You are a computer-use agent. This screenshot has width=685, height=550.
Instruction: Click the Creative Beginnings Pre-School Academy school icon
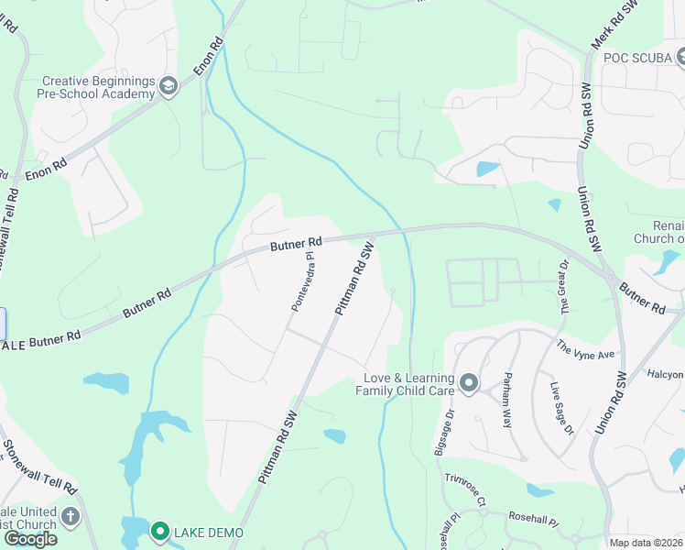(x=168, y=87)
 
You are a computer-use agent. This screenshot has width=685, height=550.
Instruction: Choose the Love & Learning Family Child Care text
(x=408, y=384)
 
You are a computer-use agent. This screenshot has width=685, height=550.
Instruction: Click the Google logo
(x=30, y=539)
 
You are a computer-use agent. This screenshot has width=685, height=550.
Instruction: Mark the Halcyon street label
(x=665, y=374)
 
